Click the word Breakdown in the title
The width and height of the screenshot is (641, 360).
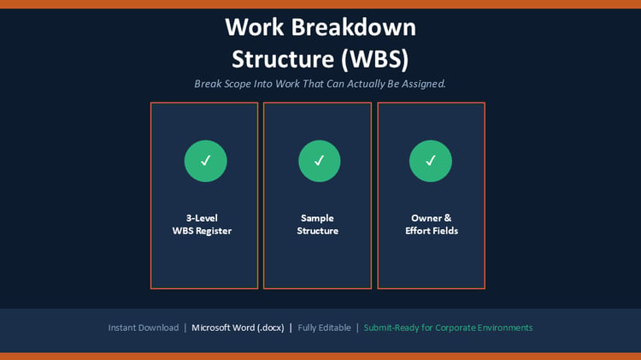coord(353,27)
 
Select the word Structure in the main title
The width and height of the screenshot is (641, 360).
coord(283,59)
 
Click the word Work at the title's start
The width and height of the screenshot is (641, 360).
coord(255,27)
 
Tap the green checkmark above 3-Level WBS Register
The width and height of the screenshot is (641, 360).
coord(206,161)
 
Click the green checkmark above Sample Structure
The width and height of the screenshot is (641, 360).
coord(320,161)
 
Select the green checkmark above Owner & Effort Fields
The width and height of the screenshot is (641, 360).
coord(431,161)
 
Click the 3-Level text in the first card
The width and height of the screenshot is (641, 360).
coord(202,218)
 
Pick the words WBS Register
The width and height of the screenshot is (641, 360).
coord(202,231)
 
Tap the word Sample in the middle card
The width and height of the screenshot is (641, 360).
coord(317,218)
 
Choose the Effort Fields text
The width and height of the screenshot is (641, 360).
coord(432,231)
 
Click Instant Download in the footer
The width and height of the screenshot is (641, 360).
coord(144,328)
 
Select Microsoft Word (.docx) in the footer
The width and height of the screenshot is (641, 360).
coord(238,328)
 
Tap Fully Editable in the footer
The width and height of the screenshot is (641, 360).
coord(324,328)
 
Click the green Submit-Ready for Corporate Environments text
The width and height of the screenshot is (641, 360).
coord(448,328)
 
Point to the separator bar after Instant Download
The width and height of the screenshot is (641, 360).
coord(185,328)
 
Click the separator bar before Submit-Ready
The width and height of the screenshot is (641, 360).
coord(357,328)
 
